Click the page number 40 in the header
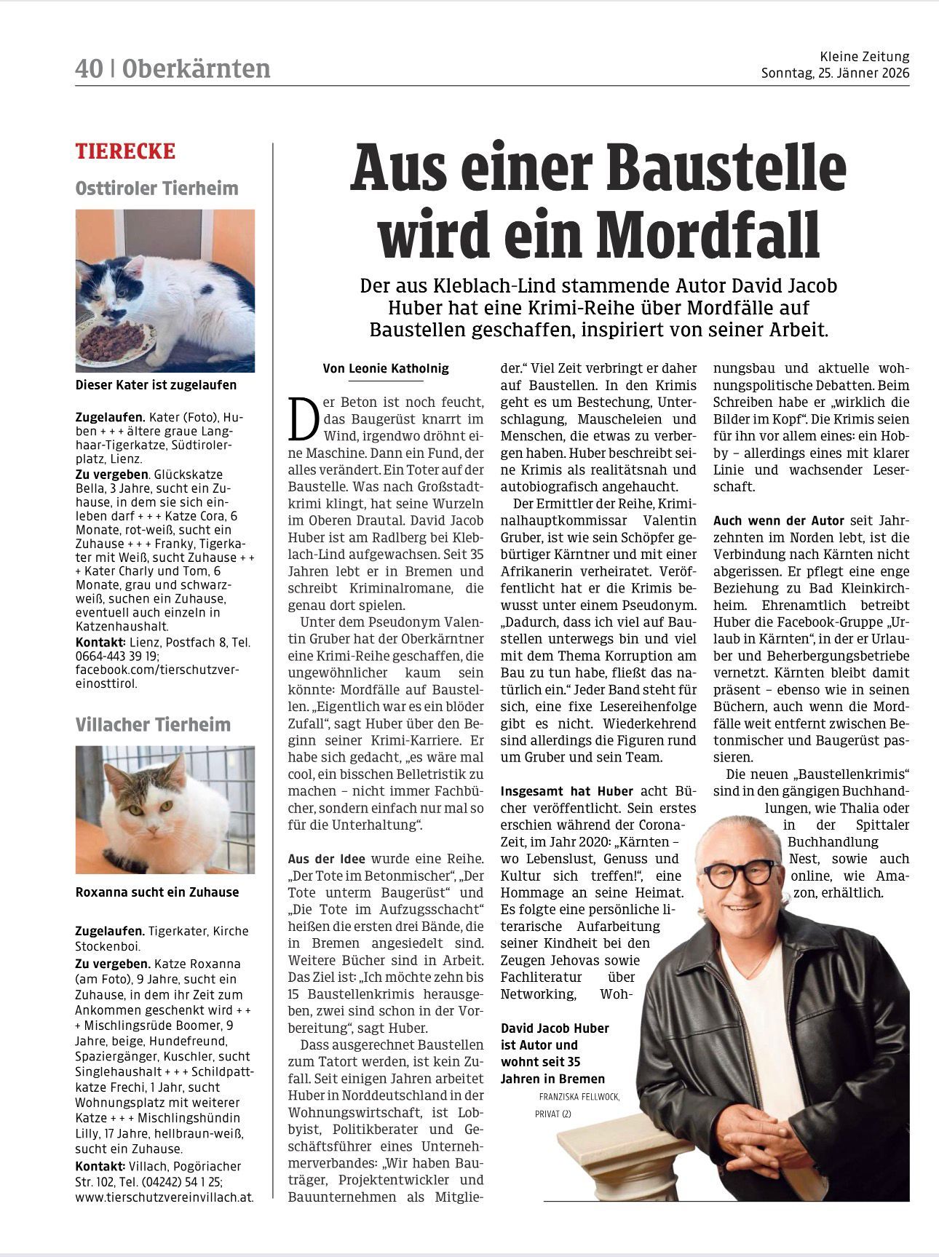tap(88, 68)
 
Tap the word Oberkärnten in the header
tap(196, 68)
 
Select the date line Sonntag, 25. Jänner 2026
tap(835, 74)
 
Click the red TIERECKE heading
tap(125, 151)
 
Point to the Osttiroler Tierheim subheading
tap(156, 188)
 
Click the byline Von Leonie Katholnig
tap(386, 368)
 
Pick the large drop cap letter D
tap(303, 419)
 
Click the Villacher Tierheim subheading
tap(153, 724)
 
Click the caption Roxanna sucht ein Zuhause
tap(156, 892)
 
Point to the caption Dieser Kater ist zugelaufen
tap(156, 384)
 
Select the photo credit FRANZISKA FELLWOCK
tap(579, 1097)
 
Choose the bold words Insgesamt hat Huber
tap(567, 790)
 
